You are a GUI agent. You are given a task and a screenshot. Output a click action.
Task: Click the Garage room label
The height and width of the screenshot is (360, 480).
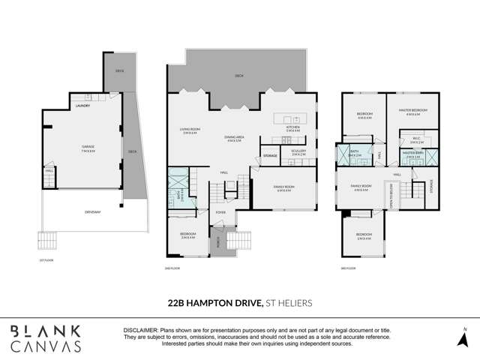83,148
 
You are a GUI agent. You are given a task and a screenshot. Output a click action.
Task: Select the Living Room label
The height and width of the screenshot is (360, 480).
190,130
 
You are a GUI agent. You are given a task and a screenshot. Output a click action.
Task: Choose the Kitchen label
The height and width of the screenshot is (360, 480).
292,129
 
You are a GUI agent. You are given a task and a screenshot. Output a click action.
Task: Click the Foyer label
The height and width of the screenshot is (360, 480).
220,212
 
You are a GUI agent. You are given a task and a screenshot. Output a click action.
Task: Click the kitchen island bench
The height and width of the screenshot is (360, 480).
289,118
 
